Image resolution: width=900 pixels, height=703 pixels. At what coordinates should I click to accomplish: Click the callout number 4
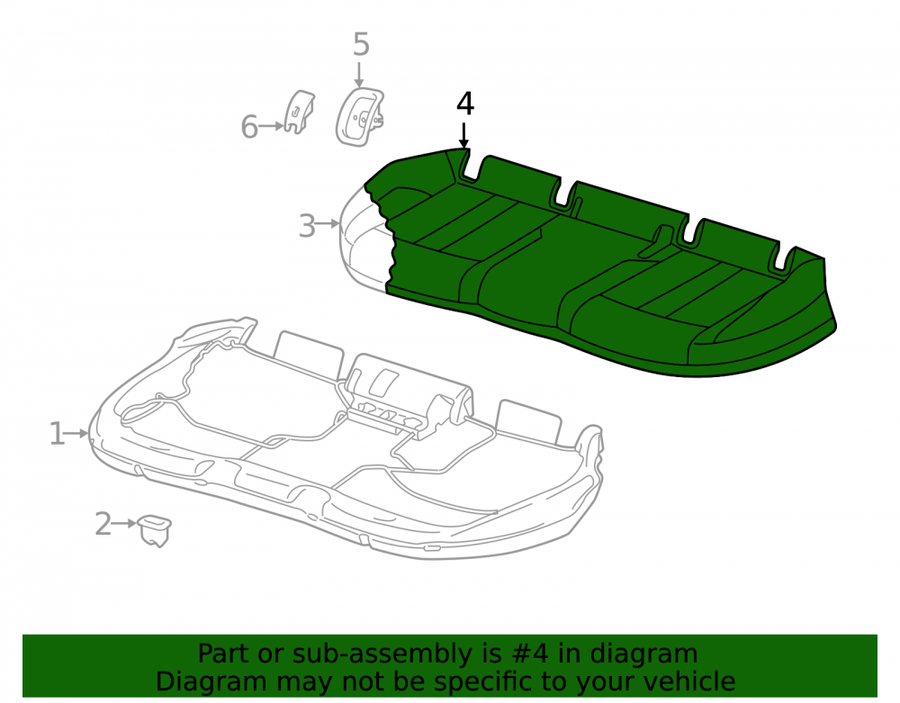(x=465, y=104)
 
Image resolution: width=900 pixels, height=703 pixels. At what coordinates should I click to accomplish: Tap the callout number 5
(x=361, y=44)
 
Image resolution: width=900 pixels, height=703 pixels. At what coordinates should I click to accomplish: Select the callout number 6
(x=249, y=127)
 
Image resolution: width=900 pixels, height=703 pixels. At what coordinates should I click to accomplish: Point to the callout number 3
(x=307, y=226)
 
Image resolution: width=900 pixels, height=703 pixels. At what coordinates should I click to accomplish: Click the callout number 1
(x=57, y=433)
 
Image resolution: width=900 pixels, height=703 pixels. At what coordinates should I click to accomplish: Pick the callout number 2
(x=103, y=523)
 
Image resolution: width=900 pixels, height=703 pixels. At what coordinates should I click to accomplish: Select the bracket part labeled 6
(x=299, y=112)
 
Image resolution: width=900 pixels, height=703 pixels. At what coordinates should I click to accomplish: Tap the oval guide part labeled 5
(x=360, y=116)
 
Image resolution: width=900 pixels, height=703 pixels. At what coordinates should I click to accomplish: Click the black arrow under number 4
(x=463, y=135)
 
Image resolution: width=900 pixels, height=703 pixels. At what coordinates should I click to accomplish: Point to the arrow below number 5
(x=359, y=75)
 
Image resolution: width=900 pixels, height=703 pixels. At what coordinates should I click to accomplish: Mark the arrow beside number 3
(x=328, y=223)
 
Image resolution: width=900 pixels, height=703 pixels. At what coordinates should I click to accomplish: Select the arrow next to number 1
(x=77, y=433)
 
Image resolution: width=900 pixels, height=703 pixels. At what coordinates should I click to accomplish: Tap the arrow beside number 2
(x=125, y=523)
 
